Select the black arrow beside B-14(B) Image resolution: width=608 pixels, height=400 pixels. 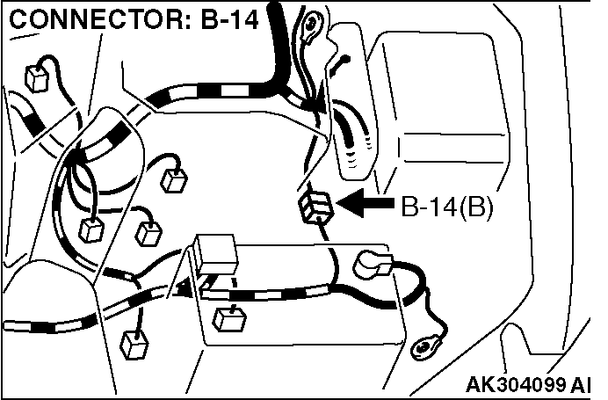366,205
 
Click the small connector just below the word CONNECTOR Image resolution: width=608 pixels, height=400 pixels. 37,78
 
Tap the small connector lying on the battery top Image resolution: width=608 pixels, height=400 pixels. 228,317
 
